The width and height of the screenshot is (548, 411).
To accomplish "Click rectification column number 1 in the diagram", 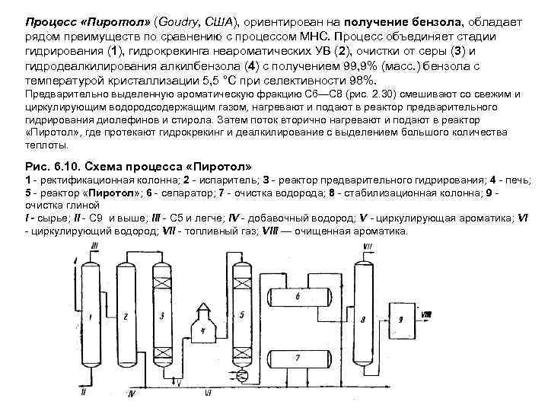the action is click(x=90, y=316).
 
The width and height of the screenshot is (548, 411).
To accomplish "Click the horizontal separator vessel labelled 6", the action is click(x=298, y=295).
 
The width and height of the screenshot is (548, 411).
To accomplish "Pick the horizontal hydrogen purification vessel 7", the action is click(x=298, y=356).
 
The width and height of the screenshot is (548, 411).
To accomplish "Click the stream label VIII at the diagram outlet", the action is click(x=427, y=313).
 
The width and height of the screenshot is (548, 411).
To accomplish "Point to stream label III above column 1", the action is click(x=94, y=244).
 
